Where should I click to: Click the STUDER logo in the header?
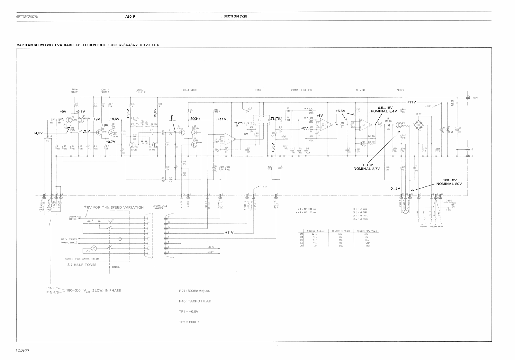(27, 16)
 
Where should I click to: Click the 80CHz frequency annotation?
(195, 119)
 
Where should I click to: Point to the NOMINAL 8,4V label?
(384, 111)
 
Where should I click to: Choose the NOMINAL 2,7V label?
(367, 169)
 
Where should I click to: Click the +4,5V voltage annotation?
(38, 133)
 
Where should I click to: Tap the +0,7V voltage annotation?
(110, 141)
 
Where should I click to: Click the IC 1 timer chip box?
(261, 120)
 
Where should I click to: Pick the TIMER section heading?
(258, 90)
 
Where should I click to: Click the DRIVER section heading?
(400, 90)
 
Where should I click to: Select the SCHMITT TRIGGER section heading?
(105, 91)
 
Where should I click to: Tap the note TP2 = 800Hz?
(189, 322)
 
